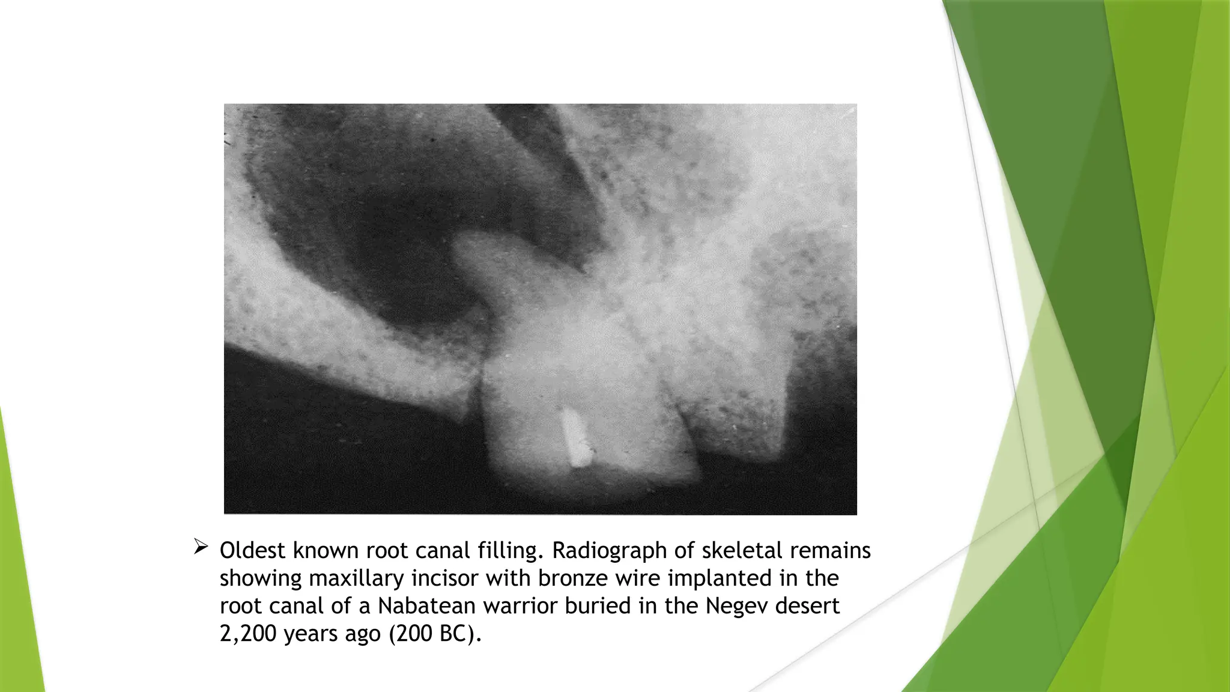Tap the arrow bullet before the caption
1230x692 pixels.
[201, 547]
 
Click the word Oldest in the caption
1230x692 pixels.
[253, 550]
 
